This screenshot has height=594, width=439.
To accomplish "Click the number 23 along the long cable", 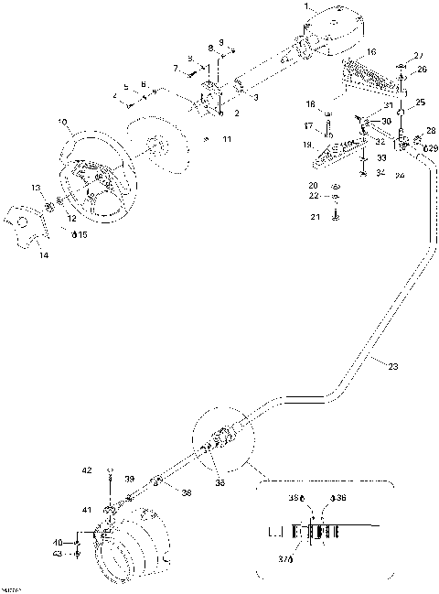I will point(392,367).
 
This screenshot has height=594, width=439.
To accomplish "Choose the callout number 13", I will point(37,187).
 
